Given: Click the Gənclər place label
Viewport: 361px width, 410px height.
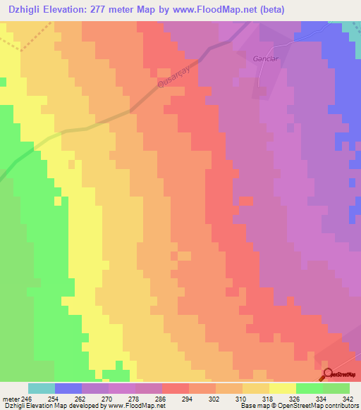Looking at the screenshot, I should pyautogui.click(x=262, y=58).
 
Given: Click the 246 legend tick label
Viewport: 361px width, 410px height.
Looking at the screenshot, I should pyautogui.click(x=27, y=399).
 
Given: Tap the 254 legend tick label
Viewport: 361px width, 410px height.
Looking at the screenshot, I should pyautogui.click(x=54, y=399).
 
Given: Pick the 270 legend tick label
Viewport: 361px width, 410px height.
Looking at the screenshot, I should pyautogui.click(x=108, y=399).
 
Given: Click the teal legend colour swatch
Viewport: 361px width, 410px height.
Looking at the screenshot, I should pyautogui.click(x=42, y=389).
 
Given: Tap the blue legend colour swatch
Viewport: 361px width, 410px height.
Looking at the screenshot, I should pyautogui.click(x=68, y=389).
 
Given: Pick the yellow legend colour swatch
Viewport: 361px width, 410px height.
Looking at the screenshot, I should pyautogui.click(x=283, y=389).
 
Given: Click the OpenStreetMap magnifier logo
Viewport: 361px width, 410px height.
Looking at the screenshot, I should pyautogui.click(x=329, y=374).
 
